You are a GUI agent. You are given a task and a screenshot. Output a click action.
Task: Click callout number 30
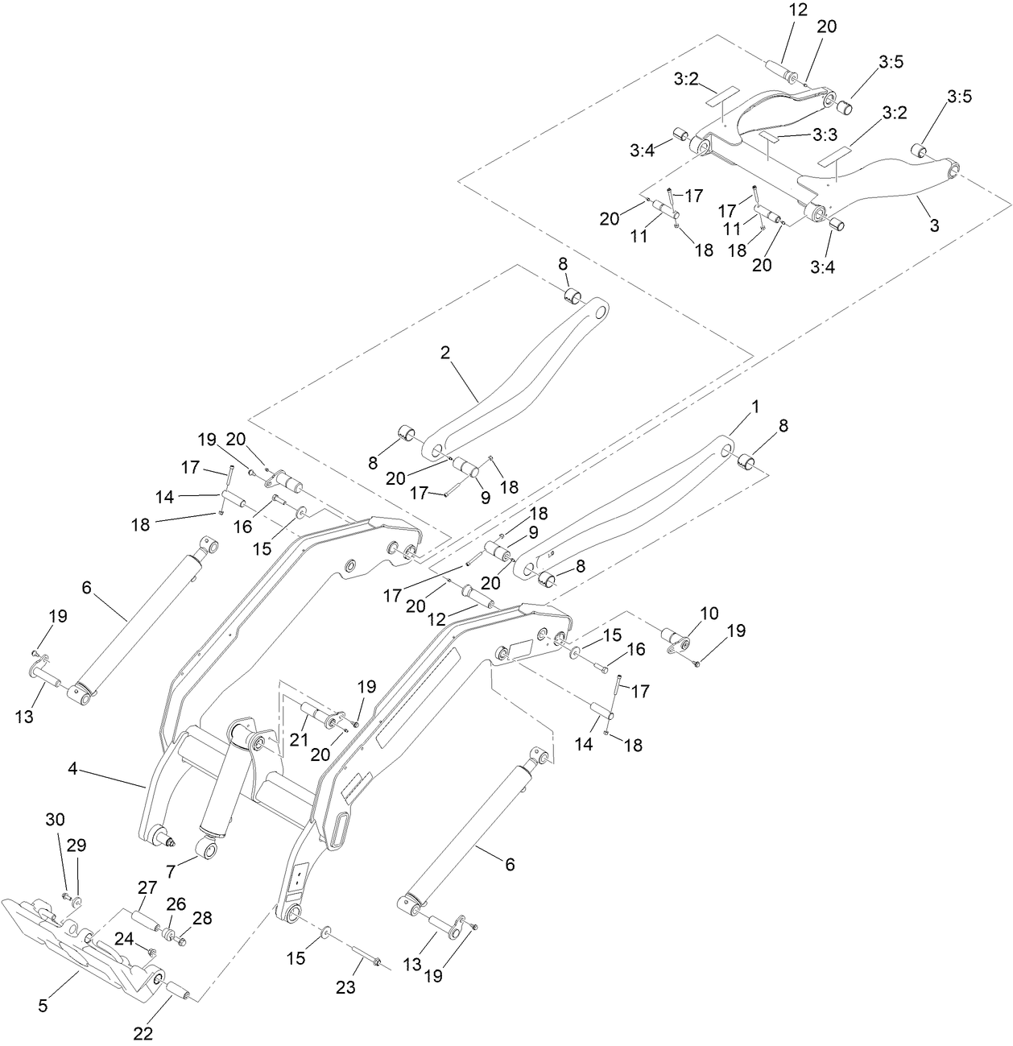55,820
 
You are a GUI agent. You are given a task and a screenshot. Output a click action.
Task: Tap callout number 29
76,845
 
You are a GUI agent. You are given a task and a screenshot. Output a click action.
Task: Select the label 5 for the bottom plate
43,1006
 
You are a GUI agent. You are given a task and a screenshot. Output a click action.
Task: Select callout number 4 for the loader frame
72,769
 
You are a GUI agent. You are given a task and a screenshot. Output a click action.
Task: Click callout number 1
755,407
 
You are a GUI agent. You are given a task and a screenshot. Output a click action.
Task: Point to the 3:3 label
825,134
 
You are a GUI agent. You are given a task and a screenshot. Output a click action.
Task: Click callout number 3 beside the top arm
934,226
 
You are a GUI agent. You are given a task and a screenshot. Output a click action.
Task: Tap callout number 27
147,888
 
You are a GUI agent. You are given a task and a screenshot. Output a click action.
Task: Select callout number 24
123,938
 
